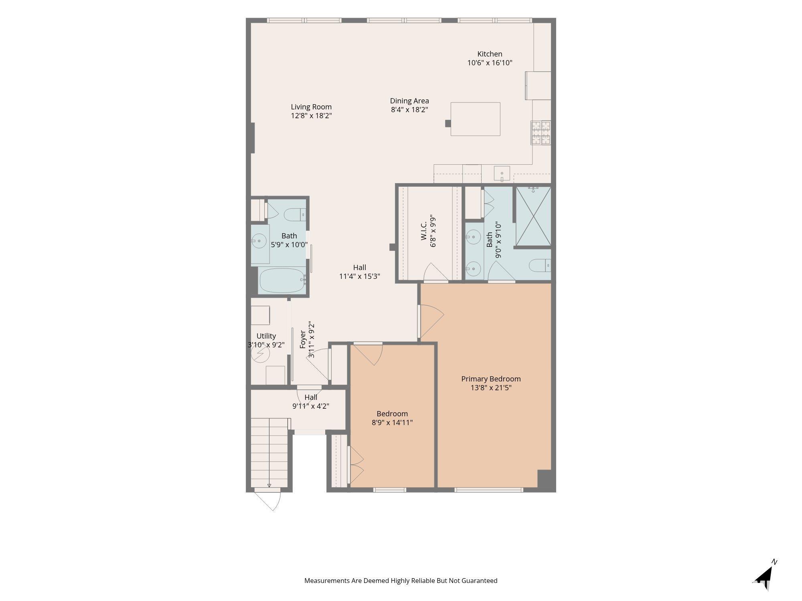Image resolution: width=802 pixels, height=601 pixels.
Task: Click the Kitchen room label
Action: pos(490,54)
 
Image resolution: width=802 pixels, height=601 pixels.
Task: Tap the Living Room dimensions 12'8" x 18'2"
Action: pos(311,116)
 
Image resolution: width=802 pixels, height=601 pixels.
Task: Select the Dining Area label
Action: pos(409,101)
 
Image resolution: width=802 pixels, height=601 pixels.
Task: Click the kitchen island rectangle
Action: pos(475,119)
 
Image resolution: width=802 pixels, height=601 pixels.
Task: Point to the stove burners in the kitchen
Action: pos(541,132)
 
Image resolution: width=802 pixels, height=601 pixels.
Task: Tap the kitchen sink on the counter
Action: pos(502,174)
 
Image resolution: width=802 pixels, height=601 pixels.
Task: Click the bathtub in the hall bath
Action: pos(283,280)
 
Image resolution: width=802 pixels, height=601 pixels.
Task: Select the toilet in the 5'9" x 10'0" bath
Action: pos(295,215)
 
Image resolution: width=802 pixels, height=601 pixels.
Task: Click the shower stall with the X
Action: pos(533,216)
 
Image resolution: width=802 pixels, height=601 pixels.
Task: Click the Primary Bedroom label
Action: pos(491,379)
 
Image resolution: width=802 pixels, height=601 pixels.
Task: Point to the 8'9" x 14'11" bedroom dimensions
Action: pos(392,422)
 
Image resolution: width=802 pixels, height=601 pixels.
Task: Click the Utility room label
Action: pos(266,336)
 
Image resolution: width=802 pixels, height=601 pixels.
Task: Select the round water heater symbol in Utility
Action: pos(260,353)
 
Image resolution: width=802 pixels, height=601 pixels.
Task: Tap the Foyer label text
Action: pos(303,339)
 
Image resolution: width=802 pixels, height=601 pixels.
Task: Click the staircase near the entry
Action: pos(269,452)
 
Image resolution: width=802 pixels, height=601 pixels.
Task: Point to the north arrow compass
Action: pos(765,575)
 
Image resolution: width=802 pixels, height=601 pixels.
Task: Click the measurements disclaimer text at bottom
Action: pos(401,581)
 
